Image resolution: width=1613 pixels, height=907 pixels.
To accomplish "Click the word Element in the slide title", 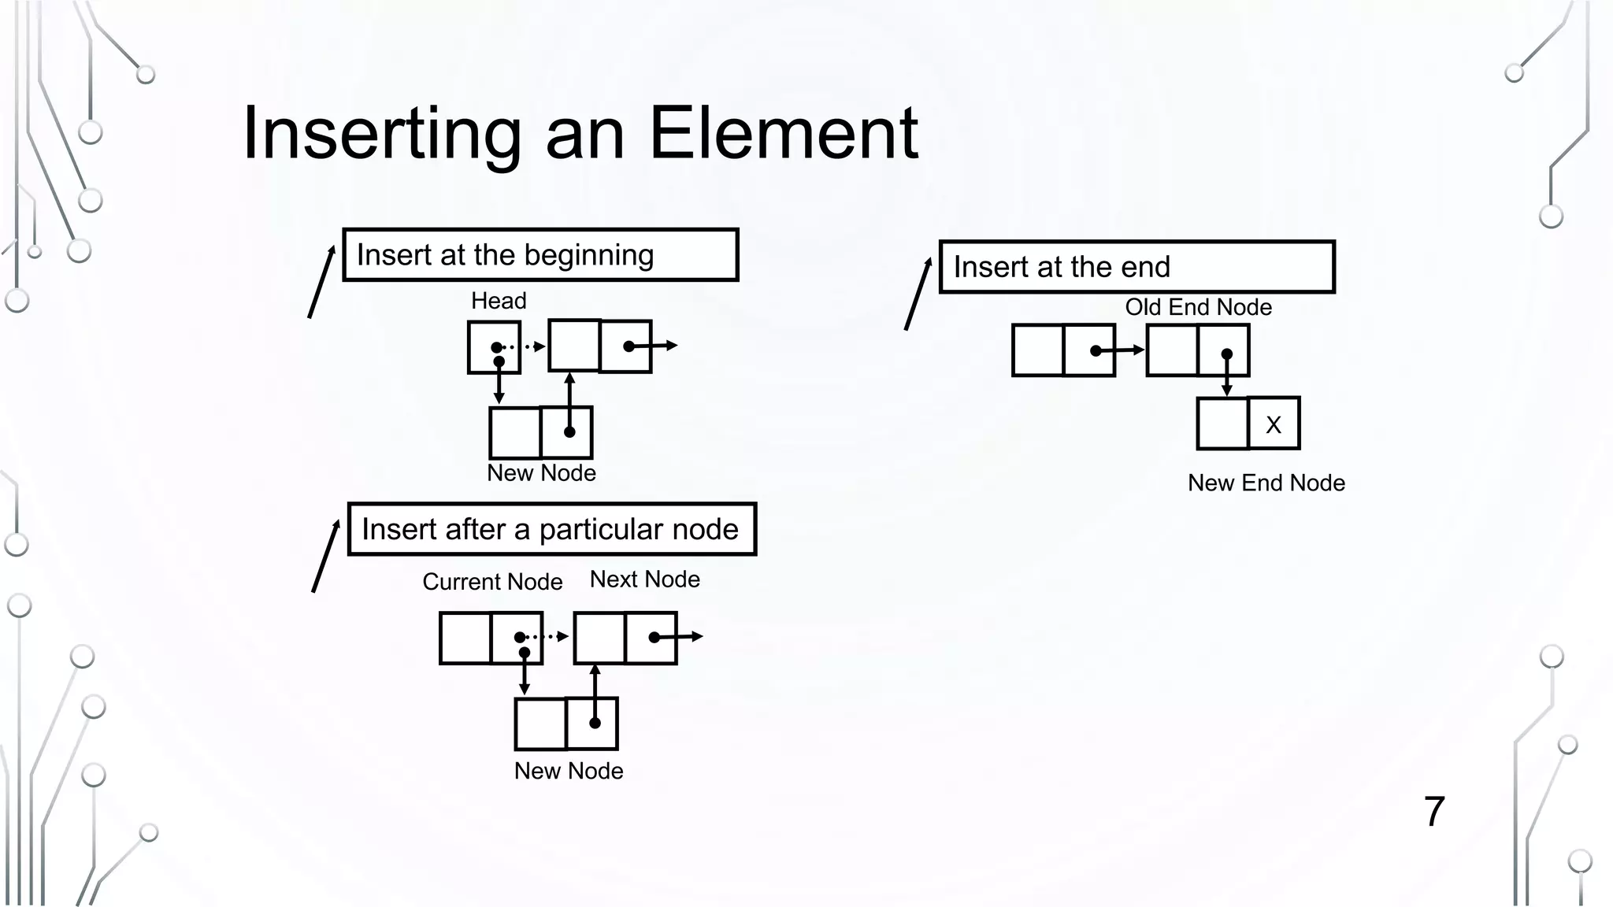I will pos(783,134).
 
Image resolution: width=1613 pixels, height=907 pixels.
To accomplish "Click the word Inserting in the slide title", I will pos(382,134).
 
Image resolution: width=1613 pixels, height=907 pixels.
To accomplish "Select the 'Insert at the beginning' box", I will pos(540,254).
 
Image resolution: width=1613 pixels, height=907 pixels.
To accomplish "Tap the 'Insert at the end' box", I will pos(1137,267).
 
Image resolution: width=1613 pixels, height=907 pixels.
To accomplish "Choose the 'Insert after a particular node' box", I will pos(551,529).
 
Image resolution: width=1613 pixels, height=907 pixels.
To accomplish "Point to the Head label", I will pos(499,301).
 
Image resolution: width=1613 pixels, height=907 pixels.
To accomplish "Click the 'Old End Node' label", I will pos(1198,307).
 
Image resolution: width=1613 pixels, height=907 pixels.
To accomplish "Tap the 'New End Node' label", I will pos(1266,483).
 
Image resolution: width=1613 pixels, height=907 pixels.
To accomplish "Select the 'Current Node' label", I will pos(492,582).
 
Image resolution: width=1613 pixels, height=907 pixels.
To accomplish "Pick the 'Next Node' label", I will pos(644,579).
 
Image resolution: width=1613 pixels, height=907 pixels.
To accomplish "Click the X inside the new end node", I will pos(1274,424).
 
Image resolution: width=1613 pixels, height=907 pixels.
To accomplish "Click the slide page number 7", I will pos(1434,812).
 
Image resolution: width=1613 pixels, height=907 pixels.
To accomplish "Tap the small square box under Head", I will pos(494,347).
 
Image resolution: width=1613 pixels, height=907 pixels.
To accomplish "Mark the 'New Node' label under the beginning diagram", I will pos(541,473).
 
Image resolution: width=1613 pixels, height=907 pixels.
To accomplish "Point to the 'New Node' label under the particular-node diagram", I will pos(569,771).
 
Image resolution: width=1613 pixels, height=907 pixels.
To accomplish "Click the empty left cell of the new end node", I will pos(1222,424).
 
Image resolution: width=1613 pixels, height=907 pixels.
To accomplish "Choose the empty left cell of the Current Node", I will pos(465,638).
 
